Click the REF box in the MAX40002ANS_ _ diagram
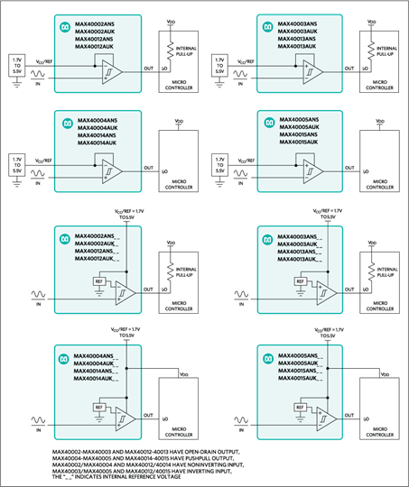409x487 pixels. [x=98, y=281]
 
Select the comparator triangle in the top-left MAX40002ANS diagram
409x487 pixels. [x=112, y=70]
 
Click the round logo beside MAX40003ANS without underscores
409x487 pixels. [x=269, y=20]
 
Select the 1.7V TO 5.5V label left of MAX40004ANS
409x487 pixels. [x=15, y=162]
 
